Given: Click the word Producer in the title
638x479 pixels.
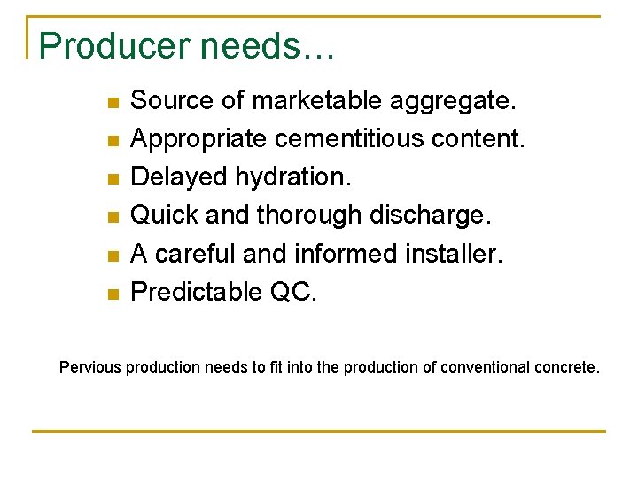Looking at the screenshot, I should tap(106, 46).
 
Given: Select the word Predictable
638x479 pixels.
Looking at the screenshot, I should tap(192, 292).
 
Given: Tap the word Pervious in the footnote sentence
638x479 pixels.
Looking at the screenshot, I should tap(90, 366).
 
